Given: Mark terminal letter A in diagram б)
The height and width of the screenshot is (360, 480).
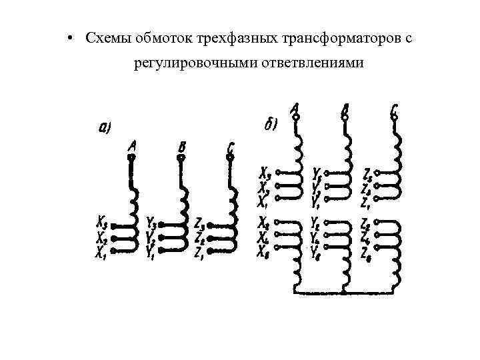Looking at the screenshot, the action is pos(295,107).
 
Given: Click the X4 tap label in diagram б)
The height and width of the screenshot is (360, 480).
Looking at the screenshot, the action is pos(264,235).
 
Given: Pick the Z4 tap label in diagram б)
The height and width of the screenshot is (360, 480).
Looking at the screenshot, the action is pos(366,235).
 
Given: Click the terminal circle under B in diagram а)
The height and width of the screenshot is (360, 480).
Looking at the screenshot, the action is pos(181,158).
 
